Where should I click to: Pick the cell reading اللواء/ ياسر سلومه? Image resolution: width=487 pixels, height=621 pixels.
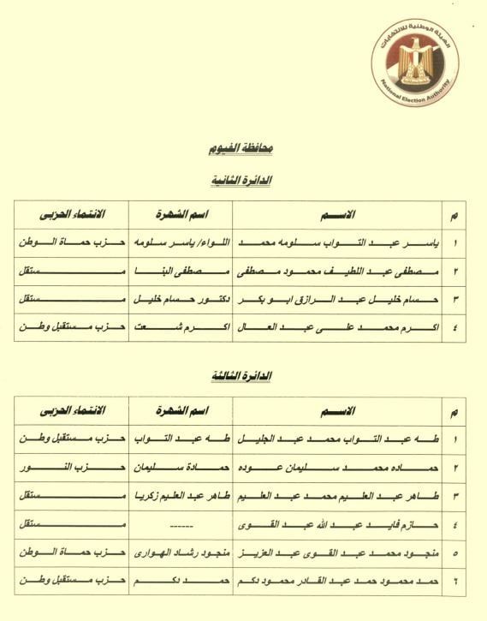(180, 242)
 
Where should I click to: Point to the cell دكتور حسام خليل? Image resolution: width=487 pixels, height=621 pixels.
(180, 299)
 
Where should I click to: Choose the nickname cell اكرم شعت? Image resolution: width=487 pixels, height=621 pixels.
(180, 327)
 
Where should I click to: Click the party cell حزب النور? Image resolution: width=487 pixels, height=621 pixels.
(71, 467)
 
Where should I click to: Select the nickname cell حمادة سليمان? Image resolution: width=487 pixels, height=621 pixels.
(180, 467)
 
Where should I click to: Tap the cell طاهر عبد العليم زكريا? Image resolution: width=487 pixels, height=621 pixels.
(180, 495)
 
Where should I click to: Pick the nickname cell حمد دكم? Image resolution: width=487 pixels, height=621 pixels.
(180, 581)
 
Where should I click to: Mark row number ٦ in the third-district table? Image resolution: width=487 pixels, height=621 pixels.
(455, 581)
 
